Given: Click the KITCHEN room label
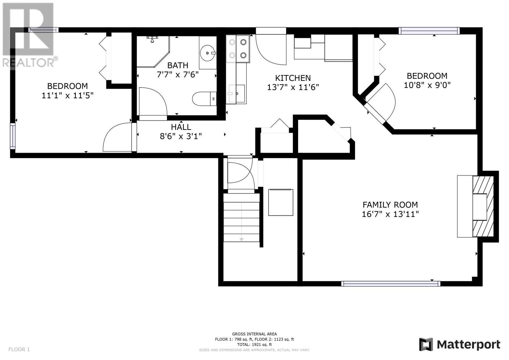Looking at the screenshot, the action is point(293,78).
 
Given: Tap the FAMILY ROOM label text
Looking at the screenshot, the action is point(390,205).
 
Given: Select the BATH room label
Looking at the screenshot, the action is point(178,66).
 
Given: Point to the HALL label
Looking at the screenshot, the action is point(181,127).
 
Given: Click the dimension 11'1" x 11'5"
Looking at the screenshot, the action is point(67,95).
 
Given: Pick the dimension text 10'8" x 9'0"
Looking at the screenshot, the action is point(427,85).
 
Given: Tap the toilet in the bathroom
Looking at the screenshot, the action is point(204,99).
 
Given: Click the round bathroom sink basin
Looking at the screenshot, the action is point(207,53).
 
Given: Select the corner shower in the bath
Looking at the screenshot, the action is point(153,51).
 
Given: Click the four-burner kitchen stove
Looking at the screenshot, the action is point(238,49).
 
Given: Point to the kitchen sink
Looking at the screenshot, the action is point(237,94).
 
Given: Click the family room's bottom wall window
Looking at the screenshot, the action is point(391,284).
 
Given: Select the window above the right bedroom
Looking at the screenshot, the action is point(429,31).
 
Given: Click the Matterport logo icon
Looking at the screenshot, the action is point(426,344).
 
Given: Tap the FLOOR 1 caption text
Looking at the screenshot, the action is point(19,349).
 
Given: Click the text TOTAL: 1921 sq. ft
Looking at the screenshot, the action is point(254,344).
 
